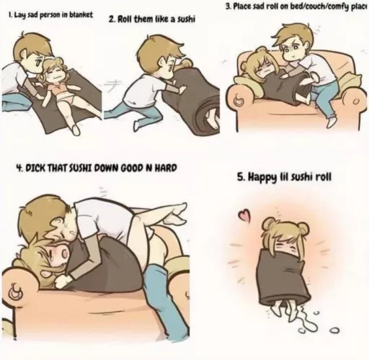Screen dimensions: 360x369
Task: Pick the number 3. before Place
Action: [228, 6]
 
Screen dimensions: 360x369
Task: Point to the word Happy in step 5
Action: [263, 176]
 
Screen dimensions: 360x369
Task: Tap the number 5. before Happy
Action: [241, 176]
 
